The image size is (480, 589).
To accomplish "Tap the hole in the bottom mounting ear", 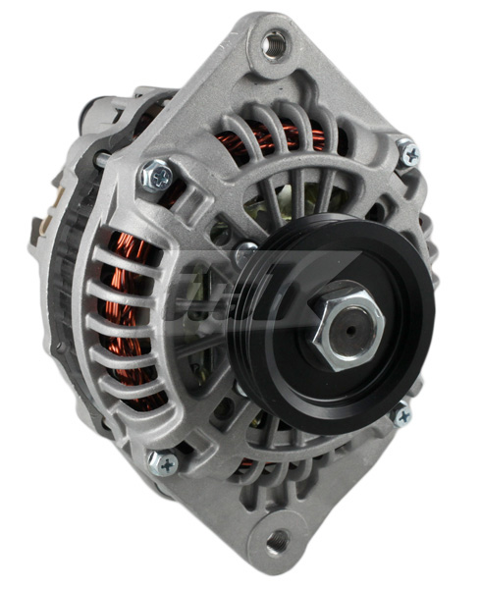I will click(278, 539).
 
